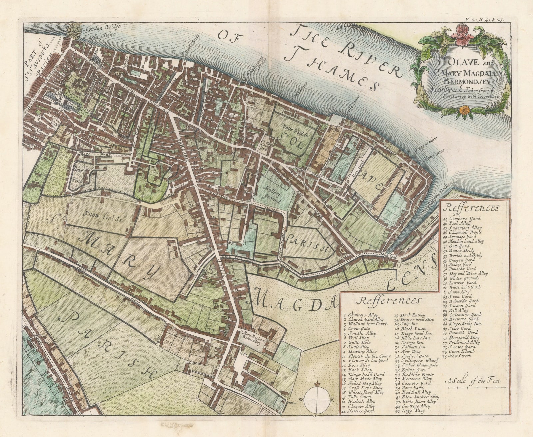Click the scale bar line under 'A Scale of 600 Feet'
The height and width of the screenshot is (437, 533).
coord(475,386)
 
